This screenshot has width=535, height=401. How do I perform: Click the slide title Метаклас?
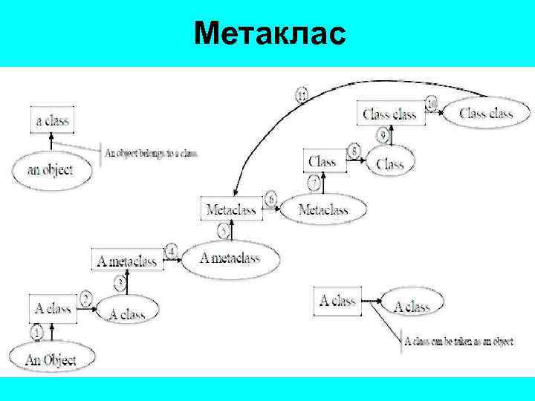(269, 33)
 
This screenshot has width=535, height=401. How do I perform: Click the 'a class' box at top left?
(53, 120)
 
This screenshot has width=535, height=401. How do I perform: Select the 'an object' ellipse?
(51, 169)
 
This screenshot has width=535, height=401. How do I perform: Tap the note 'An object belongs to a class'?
(152, 154)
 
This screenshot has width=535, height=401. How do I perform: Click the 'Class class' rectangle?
(389, 114)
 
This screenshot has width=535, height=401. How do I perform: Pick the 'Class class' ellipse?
(486, 114)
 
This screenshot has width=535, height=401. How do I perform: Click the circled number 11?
(302, 94)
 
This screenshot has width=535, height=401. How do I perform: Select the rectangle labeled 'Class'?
(323, 161)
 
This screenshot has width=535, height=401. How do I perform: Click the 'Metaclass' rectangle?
(231, 210)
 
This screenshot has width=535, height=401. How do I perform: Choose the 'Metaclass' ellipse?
(323, 210)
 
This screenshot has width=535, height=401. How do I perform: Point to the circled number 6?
(270, 198)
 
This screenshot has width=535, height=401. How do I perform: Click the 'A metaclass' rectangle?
(128, 261)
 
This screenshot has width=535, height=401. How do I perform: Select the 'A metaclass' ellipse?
(230, 258)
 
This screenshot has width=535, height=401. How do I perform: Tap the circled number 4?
(172, 251)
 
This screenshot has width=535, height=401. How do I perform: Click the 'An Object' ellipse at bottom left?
(51, 360)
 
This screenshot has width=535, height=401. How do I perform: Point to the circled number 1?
(37, 333)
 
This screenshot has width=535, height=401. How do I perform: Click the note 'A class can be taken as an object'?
(458, 342)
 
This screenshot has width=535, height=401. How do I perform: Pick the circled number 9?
(383, 135)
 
